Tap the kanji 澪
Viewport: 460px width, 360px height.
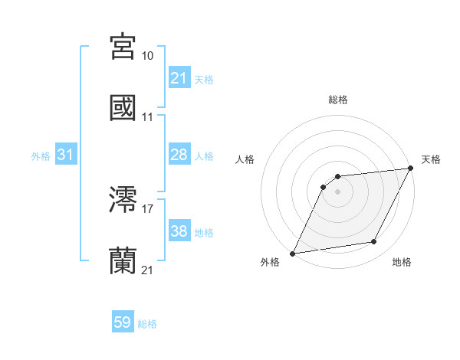(x=123, y=200)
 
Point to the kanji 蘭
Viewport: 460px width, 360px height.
(x=123, y=261)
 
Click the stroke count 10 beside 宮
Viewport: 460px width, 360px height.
(x=147, y=56)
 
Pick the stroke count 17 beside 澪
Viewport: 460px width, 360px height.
(x=147, y=208)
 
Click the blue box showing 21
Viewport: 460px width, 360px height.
(x=179, y=78)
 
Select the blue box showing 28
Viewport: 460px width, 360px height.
(x=179, y=155)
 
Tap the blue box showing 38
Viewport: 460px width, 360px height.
(x=179, y=231)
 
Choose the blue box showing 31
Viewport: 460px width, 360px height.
(x=66, y=155)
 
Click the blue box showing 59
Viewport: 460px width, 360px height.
(x=123, y=323)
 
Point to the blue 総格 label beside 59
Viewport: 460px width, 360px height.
(x=147, y=324)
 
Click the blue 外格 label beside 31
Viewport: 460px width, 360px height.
(x=41, y=155)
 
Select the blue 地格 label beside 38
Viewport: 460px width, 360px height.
(x=204, y=232)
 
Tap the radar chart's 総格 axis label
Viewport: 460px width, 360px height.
(x=337, y=100)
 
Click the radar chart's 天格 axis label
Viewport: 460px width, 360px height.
(x=431, y=159)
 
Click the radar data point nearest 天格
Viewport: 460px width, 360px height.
(x=410, y=169)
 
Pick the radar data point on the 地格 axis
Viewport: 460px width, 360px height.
(x=374, y=242)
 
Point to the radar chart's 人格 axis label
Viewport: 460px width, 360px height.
(x=245, y=159)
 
